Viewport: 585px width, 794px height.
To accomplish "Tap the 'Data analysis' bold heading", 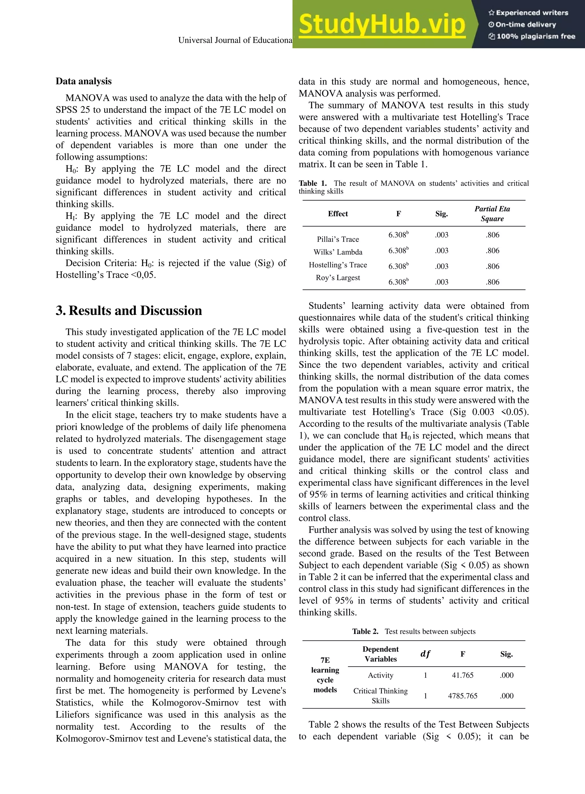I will point(84,81).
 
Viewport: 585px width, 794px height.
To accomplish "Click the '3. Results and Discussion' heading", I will point(129,311).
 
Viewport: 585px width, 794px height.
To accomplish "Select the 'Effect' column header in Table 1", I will point(338,213).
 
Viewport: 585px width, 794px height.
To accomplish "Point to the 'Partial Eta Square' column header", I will point(492,213).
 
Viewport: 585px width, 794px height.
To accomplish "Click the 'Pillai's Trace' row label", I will point(338,239).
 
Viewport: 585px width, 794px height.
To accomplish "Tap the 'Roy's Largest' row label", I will point(338,278).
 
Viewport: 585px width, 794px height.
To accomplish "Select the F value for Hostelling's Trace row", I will point(398,266).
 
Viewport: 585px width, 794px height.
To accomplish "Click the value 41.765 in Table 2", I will point(462,675).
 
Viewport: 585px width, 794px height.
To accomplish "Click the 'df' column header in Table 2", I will point(425,654).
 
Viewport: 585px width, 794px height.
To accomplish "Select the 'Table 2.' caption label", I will point(365,631).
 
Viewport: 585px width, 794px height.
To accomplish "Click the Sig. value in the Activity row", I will point(506,675).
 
